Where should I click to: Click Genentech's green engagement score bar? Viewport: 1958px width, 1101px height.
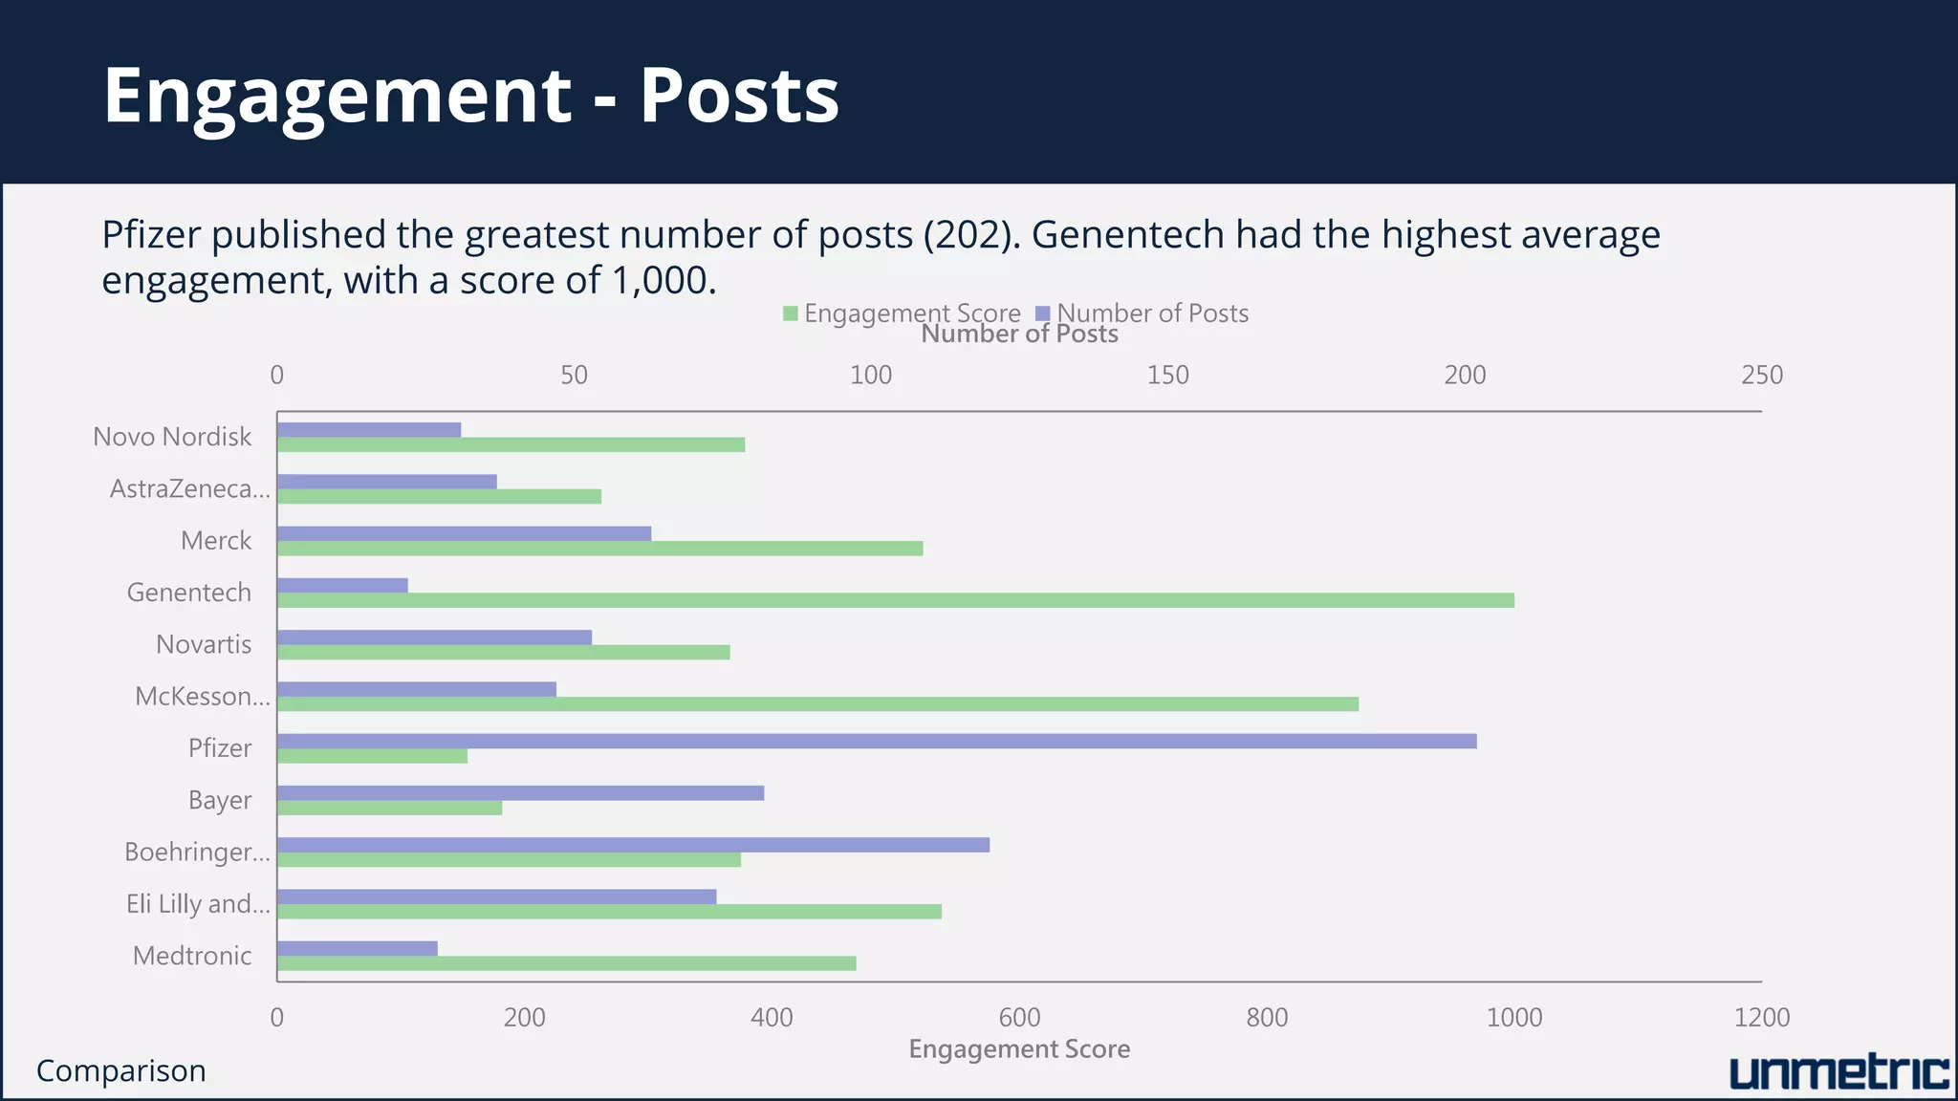(x=895, y=600)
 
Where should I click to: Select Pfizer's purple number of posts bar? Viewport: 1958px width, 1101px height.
(x=876, y=741)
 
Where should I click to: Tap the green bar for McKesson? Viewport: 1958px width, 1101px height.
(x=817, y=704)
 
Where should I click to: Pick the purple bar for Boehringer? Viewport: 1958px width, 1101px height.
(x=633, y=845)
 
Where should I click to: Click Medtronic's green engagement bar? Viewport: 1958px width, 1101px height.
(x=566, y=963)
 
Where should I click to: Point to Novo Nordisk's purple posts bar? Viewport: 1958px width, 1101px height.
(x=369, y=430)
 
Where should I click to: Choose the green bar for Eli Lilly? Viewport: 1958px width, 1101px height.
(x=609, y=912)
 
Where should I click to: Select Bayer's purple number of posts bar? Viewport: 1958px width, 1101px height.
(x=520, y=792)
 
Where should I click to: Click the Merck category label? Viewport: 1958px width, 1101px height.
(x=216, y=541)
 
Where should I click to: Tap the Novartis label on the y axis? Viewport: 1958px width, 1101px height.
(x=204, y=645)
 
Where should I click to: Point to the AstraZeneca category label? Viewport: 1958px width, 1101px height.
(x=189, y=489)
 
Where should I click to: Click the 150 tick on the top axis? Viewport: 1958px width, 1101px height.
(x=1167, y=376)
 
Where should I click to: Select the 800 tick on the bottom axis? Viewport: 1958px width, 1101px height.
(x=1267, y=1018)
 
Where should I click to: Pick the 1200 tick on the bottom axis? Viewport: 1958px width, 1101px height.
(x=1761, y=1018)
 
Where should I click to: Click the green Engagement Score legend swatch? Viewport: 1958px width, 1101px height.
(x=791, y=313)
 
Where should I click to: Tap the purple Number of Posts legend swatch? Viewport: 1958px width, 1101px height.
(x=1043, y=313)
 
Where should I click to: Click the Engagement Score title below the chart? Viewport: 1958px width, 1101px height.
(x=1019, y=1049)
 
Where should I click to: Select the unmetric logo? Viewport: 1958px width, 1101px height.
(x=1838, y=1072)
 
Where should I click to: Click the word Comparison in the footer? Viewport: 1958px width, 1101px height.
(x=121, y=1071)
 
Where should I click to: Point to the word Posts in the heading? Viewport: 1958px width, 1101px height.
(x=739, y=96)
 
